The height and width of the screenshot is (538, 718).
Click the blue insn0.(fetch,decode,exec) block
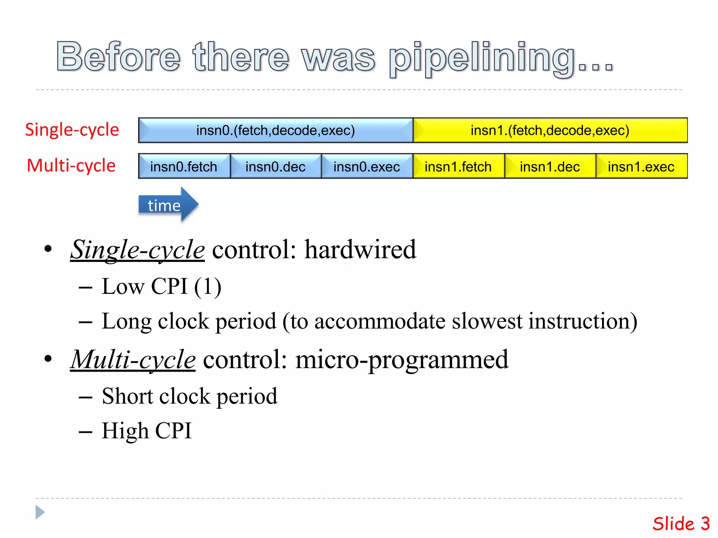(x=276, y=130)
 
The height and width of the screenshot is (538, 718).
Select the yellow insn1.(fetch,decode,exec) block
(x=550, y=130)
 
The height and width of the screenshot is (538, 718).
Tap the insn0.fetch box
(x=184, y=166)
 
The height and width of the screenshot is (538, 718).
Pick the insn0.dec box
(x=276, y=166)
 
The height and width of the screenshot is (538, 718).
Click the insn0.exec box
(x=367, y=166)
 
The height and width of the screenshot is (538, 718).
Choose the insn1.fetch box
(x=458, y=166)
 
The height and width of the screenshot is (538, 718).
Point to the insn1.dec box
(x=550, y=166)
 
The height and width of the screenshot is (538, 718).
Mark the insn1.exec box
(x=641, y=166)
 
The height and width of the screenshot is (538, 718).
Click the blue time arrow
(x=168, y=205)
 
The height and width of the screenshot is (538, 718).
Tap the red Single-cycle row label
(x=72, y=130)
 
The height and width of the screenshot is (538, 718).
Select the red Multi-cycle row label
(x=71, y=165)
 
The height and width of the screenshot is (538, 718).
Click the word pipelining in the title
(x=482, y=58)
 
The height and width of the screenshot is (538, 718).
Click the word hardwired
(x=360, y=249)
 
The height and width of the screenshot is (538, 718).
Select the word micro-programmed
(x=402, y=359)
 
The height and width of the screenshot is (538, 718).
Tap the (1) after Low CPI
(x=208, y=287)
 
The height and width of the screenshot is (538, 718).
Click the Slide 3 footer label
(x=681, y=524)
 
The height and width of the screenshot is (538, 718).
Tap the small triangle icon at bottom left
(x=40, y=512)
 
